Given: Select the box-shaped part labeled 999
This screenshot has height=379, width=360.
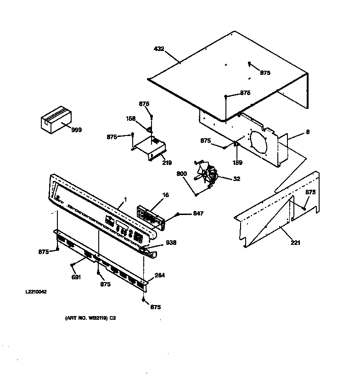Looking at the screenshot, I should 55,120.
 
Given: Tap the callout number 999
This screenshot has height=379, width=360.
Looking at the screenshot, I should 77,130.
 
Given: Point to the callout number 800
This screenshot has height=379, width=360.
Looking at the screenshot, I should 181,174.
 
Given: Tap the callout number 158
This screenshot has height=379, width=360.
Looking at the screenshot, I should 130,119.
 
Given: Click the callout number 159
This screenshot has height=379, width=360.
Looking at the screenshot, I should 237,162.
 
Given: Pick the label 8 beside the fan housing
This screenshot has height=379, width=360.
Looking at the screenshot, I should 307,132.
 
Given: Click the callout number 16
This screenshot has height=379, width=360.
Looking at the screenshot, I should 165,195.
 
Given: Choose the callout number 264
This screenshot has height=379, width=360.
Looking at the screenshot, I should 160,276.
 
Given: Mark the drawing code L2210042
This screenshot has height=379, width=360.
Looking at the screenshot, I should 36,292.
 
